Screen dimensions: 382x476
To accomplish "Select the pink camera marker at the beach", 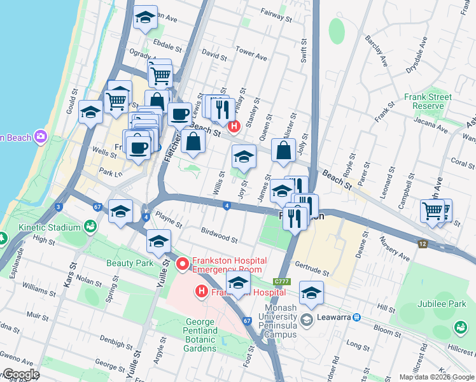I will click(41, 136).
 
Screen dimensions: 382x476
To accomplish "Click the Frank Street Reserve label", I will click(428, 101).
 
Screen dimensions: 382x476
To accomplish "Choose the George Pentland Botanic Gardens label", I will click(210, 336).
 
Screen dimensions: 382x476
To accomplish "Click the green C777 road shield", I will click(282, 282).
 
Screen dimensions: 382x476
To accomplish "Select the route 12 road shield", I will click(422, 244).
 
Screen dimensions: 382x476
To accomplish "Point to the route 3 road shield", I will click(59, 207).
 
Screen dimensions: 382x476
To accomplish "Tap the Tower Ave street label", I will click(251, 53).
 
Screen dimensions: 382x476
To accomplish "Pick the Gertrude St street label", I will click(312, 271).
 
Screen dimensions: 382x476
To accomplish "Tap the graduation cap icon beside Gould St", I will click(91, 113).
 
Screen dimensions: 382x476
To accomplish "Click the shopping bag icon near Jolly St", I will click(283, 151).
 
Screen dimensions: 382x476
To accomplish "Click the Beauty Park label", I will click(130, 262).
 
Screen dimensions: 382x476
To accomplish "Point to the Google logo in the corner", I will click(20, 374).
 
